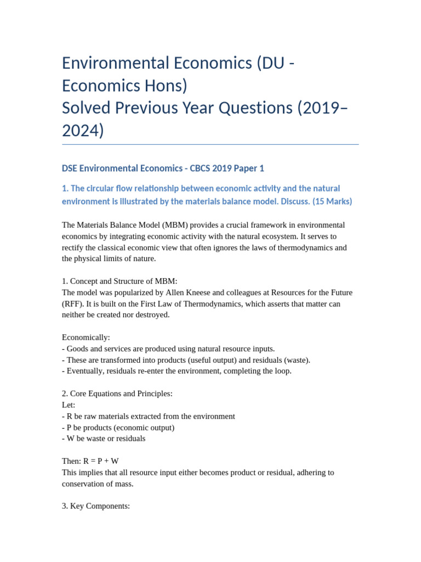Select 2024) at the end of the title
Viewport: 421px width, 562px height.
coord(83,131)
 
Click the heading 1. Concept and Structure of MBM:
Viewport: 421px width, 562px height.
coord(120,281)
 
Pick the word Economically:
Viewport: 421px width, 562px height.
coord(86,338)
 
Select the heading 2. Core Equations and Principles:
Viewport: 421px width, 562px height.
coord(117,394)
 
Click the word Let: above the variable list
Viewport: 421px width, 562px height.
coord(69,405)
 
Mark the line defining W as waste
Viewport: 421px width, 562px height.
coord(104,439)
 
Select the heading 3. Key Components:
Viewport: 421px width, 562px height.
coord(96,506)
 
